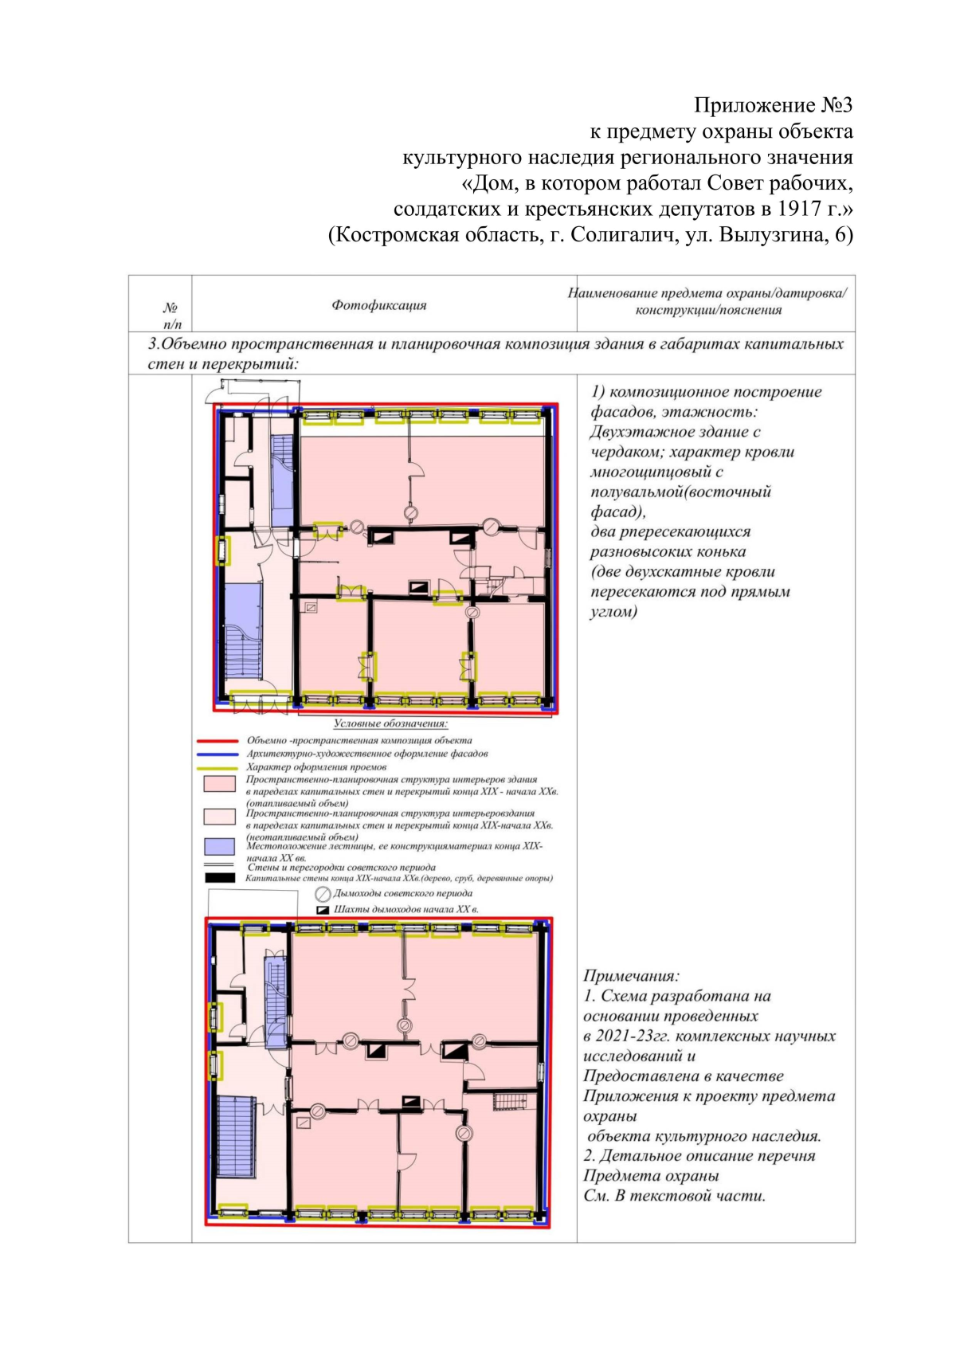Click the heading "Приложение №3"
coord(773,105)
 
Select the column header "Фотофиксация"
coord(379,305)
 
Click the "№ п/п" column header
coord(171,315)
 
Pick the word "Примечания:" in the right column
coord(631,976)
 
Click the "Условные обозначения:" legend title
coord(390,724)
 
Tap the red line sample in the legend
coord(217,741)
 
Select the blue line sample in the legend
coord(217,754)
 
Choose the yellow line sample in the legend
coord(217,767)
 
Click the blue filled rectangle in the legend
coord(219,846)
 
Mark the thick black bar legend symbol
coord(219,878)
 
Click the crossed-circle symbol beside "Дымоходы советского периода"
coord(323,894)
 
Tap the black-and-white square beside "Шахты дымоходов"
coord(323,910)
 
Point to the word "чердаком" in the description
coord(623,453)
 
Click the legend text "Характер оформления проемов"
coord(316,767)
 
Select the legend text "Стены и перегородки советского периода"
coord(341,868)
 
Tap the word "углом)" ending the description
coord(613,612)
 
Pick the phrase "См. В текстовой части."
coord(674,1196)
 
